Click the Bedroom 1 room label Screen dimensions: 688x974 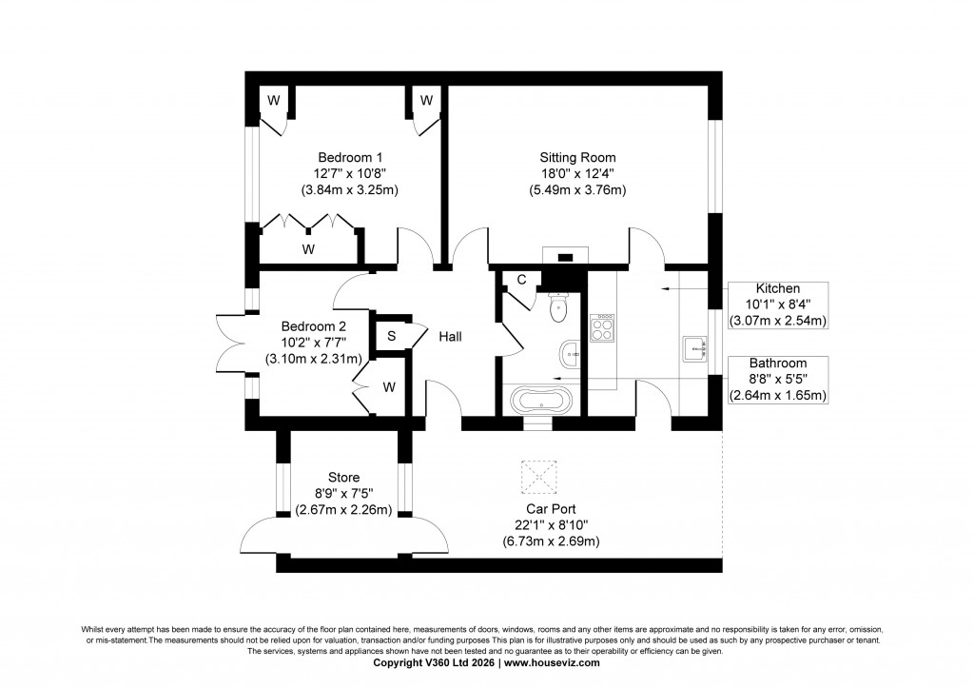(x=350, y=156)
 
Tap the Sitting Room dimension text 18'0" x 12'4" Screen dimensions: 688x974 (x=577, y=173)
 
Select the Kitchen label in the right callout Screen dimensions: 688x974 (x=777, y=288)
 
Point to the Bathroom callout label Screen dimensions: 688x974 (x=777, y=364)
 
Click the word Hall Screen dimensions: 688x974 (x=451, y=336)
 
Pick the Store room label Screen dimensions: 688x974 (x=343, y=477)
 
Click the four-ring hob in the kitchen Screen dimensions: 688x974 (x=603, y=330)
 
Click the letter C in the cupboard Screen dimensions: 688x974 (x=521, y=280)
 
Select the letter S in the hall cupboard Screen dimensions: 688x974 (x=391, y=336)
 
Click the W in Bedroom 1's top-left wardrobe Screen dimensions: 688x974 (x=273, y=100)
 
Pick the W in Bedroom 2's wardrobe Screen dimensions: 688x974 (x=389, y=387)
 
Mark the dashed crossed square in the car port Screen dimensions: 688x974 (x=538, y=475)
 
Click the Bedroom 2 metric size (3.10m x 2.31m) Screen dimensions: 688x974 (x=313, y=359)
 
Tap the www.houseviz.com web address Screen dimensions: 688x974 (x=553, y=663)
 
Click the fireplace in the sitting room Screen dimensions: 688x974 (x=563, y=255)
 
